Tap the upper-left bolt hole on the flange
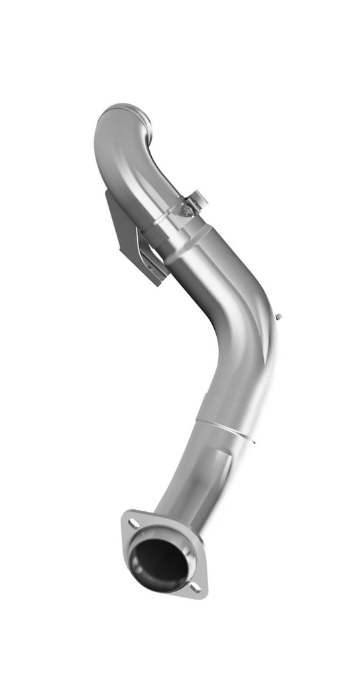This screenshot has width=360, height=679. tap(133, 524)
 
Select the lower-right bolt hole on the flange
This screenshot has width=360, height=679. tap(194, 587)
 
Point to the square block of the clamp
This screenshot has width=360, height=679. tap(197, 198)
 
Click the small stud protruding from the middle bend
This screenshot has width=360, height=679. tap(280, 318)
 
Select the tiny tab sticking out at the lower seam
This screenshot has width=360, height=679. tap(251, 438)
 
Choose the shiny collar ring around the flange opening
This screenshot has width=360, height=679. tap(179, 544)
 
